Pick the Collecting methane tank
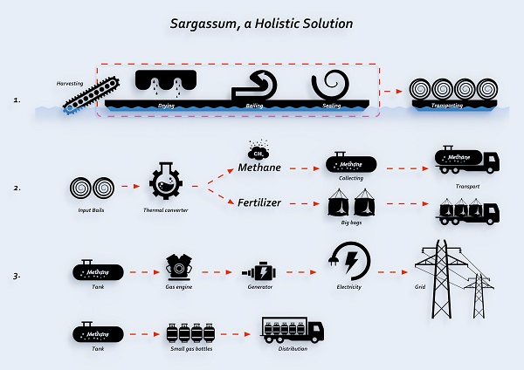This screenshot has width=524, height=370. pyautogui.click(x=350, y=162)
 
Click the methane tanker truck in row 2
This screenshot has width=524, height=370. pyautogui.click(x=466, y=160)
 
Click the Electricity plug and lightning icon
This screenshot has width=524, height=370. pyautogui.click(x=351, y=262)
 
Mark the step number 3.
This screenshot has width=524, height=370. pyautogui.click(x=18, y=277)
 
